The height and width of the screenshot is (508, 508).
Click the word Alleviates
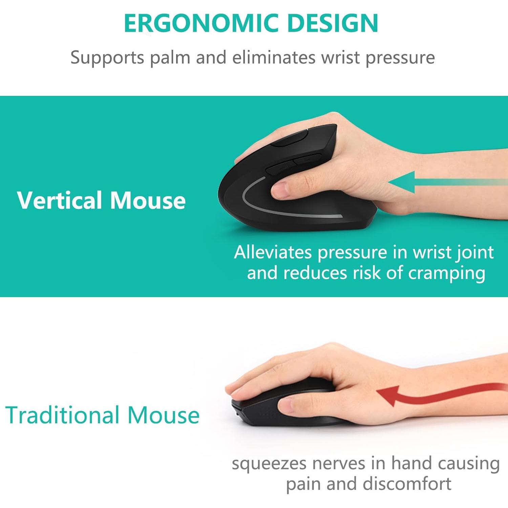pyautogui.click(x=273, y=252)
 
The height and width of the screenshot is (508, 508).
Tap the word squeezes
pyautogui.click(x=269, y=464)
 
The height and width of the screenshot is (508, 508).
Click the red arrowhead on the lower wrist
pyautogui.click(x=389, y=396)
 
